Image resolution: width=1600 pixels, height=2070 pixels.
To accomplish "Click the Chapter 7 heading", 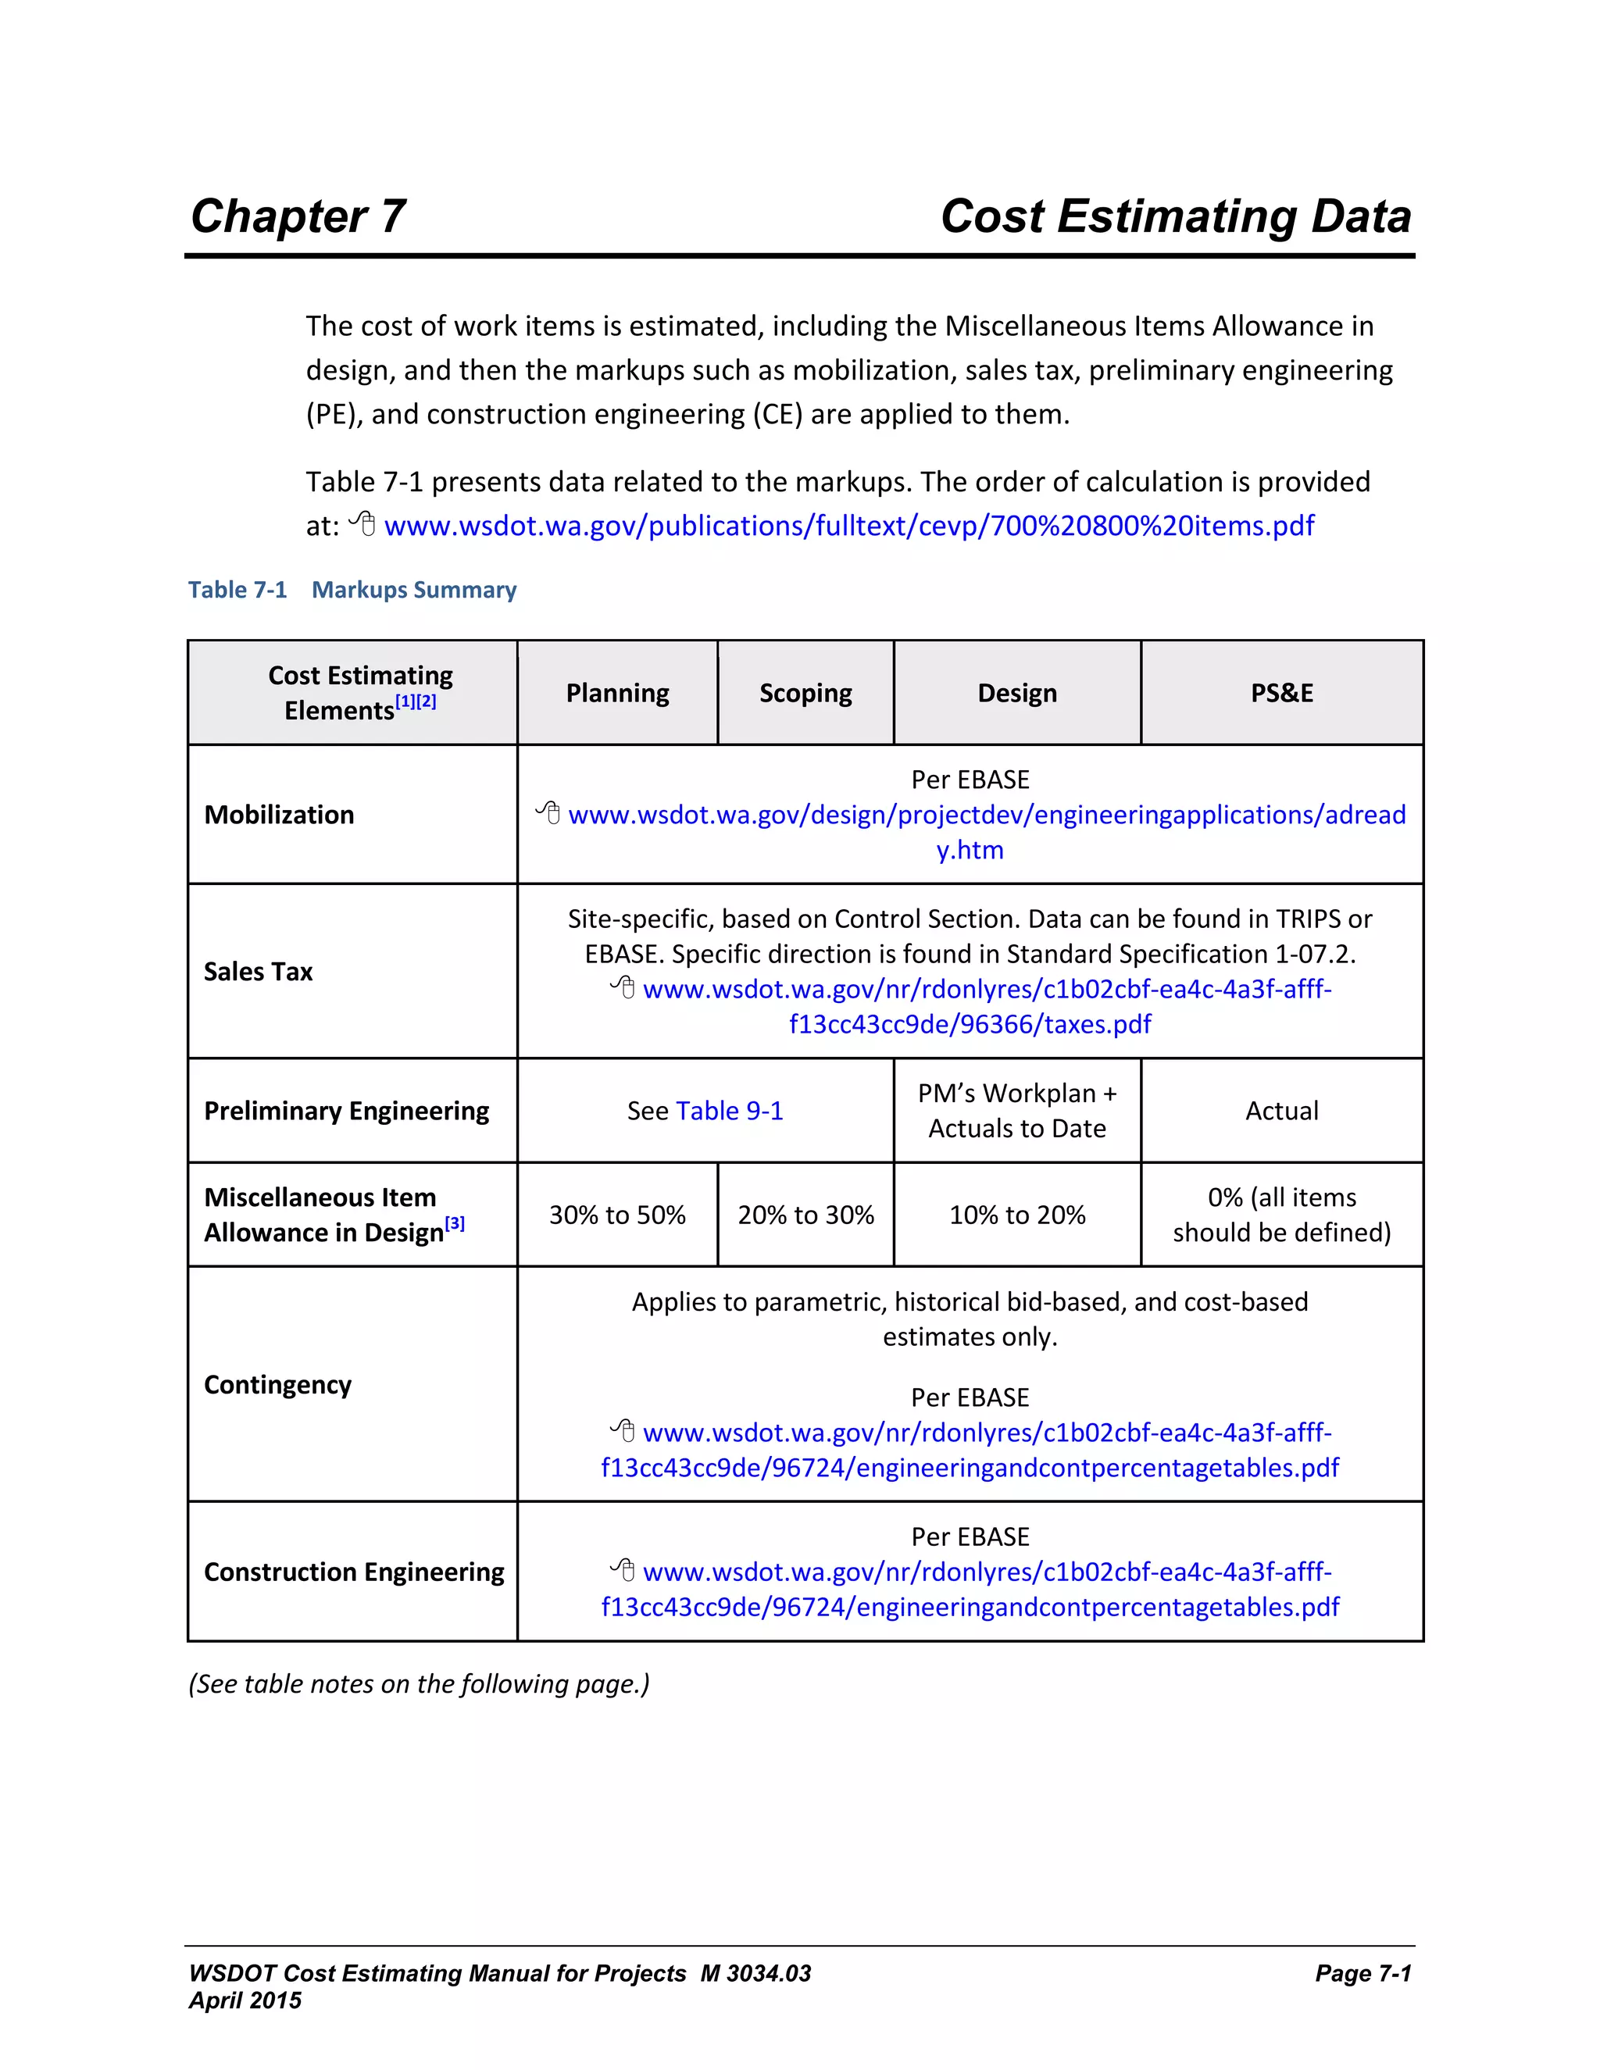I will click(298, 217).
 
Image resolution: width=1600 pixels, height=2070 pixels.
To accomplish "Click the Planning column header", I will click(617, 693).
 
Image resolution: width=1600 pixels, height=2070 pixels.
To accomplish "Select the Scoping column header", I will click(805, 693).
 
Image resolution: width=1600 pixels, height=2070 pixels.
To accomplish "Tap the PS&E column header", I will click(1280, 693).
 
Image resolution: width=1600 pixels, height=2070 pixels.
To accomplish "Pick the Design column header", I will click(1016, 693).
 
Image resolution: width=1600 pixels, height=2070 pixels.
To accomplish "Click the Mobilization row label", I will click(279, 815).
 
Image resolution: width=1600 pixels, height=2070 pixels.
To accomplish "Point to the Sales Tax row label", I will click(258, 972).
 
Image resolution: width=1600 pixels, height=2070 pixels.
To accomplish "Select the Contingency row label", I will click(277, 1385).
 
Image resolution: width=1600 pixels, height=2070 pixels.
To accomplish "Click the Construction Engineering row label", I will click(354, 1572).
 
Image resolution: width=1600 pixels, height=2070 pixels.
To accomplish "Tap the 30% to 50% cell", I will click(617, 1215).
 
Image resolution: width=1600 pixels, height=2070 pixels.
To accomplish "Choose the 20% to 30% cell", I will click(805, 1215).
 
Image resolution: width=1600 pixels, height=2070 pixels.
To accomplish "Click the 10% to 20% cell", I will click(1017, 1215).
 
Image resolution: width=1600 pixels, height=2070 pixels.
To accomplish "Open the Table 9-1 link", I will click(730, 1111).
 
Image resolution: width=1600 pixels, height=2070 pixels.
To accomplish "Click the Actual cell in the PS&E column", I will click(1281, 1111).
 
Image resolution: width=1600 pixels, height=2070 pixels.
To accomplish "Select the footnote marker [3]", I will click(455, 1223).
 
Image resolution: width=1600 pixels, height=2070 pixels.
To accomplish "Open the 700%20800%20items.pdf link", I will click(848, 526).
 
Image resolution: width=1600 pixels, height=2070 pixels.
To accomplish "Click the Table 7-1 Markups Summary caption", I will click(352, 590).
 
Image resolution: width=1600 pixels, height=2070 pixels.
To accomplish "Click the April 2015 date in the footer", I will click(245, 2000).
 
